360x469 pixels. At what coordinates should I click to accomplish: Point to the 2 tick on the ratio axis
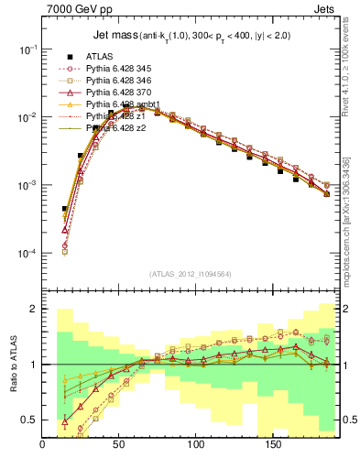33,310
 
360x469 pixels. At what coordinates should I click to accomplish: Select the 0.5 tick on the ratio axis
29,420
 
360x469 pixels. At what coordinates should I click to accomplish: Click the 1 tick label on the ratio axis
33,365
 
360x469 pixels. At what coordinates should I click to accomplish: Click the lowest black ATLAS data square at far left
65,209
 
